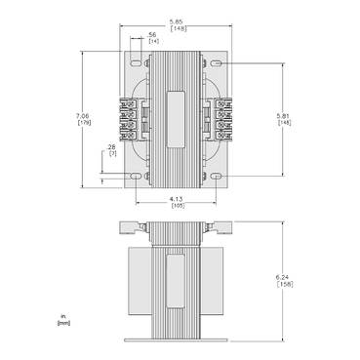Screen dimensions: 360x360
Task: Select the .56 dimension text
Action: tap(153, 34)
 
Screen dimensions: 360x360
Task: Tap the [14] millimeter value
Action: tap(153, 42)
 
